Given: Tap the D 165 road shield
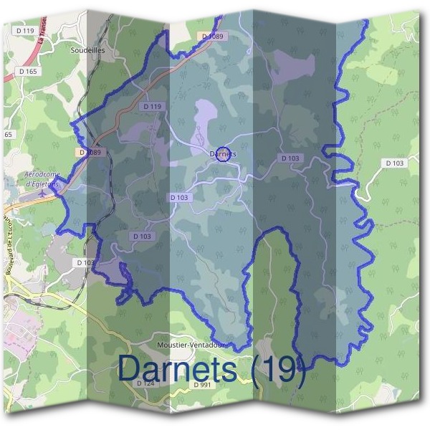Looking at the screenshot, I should [28, 72].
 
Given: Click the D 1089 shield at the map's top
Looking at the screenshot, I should [213, 36].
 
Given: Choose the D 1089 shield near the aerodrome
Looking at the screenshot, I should [92, 152].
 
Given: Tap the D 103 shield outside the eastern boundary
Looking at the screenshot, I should [395, 163].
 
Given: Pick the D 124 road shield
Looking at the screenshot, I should [145, 383].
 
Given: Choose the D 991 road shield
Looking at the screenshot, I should [203, 385].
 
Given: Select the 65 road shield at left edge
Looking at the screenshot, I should [8, 134].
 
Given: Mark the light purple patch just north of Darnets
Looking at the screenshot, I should [208, 118].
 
